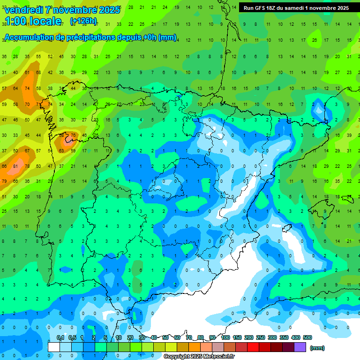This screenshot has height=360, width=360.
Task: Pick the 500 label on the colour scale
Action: [307, 338]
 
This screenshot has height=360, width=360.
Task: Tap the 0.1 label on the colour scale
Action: [60, 338]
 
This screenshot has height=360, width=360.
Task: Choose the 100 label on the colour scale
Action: [225, 338]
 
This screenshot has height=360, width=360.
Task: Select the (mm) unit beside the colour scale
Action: [317, 348]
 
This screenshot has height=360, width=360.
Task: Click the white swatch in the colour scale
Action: [54, 347]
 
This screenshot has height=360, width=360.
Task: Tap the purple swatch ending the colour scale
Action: [300, 347]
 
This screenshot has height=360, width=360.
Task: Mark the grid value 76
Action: [73, 135]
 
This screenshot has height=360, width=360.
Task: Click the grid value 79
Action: [4, 181]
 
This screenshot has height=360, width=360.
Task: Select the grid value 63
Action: [61, 151]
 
